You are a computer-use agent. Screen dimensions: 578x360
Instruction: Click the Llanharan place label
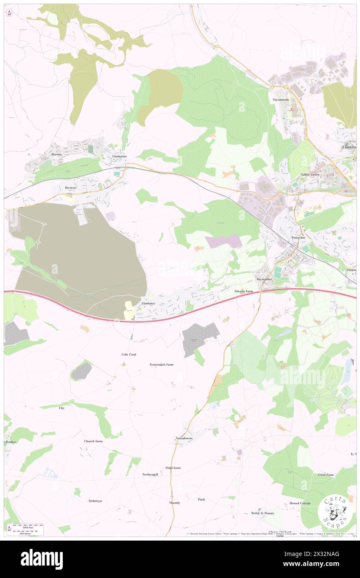pyautogui.click(x=118, y=156)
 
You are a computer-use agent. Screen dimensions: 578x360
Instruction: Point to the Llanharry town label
pyautogui.click(x=148, y=304)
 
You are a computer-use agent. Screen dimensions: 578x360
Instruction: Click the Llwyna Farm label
pyautogui.click(x=244, y=291)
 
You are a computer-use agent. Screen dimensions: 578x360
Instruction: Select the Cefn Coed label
pyautogui.click(x=128, y=354)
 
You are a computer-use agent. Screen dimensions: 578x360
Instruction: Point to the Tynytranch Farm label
pyautogui.click(x=161, y=365)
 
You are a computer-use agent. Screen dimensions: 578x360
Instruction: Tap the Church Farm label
pyautogui.click(x=93, y=441)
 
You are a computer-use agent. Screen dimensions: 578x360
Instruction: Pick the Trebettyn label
pyautogui.click(x=95, y=501)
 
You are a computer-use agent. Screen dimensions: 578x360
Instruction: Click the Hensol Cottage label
pyautogui.click(x=300, y=503)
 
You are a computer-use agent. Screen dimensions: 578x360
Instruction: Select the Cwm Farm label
pyautogui.click(x=326, y=475)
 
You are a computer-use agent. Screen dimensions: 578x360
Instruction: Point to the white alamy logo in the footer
pyautogui.click(x=42, y=559)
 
